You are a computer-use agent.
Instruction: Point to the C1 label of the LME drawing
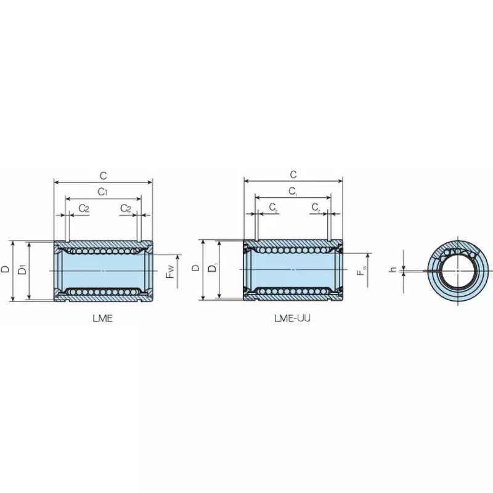[x=104, y=192]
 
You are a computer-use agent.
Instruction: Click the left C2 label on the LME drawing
[x=84, y=208]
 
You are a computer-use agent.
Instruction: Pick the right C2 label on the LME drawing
[x=124, y=208]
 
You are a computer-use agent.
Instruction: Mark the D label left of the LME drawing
[x=6, y=269]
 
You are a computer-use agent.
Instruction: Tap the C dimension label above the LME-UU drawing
[x=293, y=175]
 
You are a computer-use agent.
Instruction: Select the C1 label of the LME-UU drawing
[x=293, y=192]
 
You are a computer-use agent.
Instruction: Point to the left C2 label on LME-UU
[x=274, y=208]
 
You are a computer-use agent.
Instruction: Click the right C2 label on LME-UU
[x=315, y=208]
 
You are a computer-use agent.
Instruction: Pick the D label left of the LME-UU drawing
[x=195, y=268]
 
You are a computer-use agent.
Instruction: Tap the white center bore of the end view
[x=457, y=270]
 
